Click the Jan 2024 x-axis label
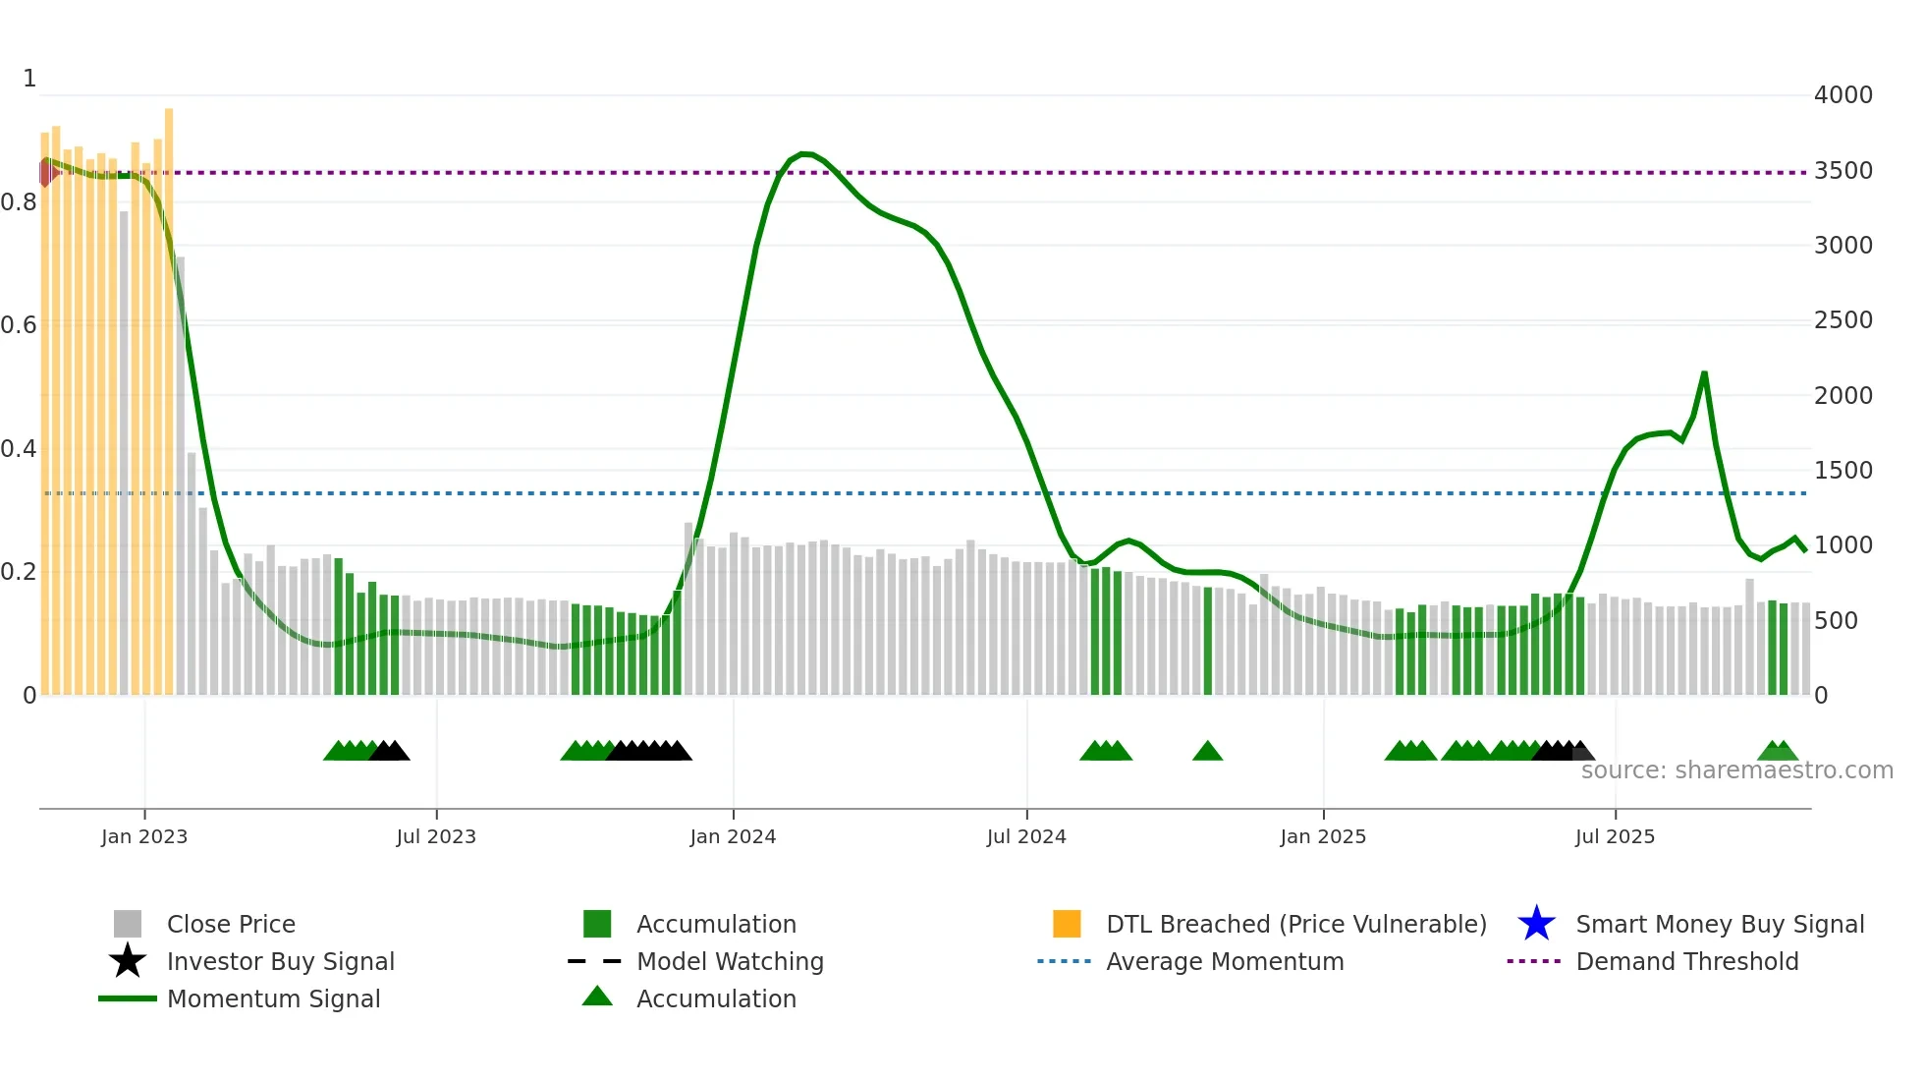733,836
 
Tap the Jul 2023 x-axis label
436,836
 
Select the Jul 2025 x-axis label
1615,836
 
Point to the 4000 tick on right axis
1842,95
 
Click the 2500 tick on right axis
1842,320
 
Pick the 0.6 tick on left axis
19,325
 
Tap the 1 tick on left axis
29,79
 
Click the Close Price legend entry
230,924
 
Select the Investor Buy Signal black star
128,961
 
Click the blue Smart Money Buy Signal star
1536,924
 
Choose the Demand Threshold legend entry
1686,961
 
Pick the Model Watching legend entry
729,961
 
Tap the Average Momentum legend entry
1224,961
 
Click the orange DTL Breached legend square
1067,924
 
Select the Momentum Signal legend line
128,998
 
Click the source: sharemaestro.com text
1736,770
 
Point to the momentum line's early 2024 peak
805,154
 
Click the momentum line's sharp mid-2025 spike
1704,373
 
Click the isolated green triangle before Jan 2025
1207,752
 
